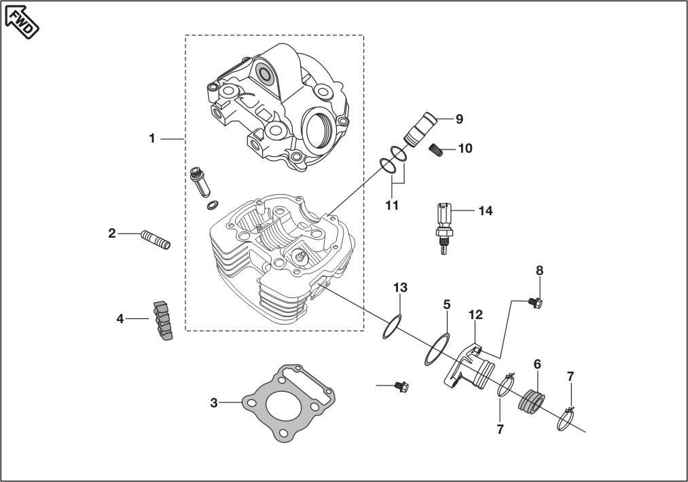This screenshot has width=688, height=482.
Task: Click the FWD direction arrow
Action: [22, 20]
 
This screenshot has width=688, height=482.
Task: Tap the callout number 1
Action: [152, 138]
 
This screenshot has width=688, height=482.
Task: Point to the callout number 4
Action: [120, 318]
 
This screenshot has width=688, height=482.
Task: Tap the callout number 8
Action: [540, 270]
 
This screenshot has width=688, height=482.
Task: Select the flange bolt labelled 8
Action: [537, 302]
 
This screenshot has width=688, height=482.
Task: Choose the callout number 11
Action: [392, 204]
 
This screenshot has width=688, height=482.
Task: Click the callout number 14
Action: [484, 211]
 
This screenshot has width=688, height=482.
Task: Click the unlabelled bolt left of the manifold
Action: [401, 387]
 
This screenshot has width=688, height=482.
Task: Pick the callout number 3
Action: [214, 403]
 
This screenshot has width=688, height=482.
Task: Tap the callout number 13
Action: [400, 288]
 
